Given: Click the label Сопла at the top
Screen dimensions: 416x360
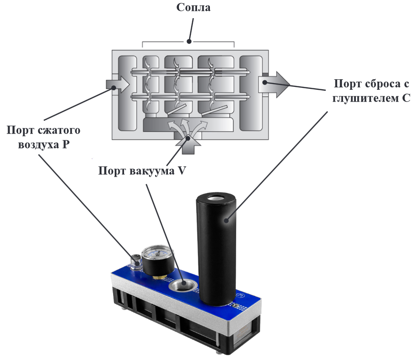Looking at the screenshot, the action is [x=193, y=7].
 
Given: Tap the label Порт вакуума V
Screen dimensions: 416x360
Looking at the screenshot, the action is [x=142, y=170].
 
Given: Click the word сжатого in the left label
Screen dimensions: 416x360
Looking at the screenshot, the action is [x=59, y=130].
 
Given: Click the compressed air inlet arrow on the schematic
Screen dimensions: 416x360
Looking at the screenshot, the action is [x=117, y=85].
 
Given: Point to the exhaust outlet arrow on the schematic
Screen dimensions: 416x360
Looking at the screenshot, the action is [x=274, y=85].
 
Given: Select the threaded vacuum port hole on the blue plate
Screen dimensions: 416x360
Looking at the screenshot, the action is [x=183, y=285].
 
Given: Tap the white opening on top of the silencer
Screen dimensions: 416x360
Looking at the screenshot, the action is [x=216, y=198].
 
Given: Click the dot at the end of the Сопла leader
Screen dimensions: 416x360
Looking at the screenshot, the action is [x=189, y=42].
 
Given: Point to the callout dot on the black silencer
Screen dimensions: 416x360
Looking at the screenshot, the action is [x=226, y=220].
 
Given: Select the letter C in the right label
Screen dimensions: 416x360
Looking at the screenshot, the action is [x=406, y=98].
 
